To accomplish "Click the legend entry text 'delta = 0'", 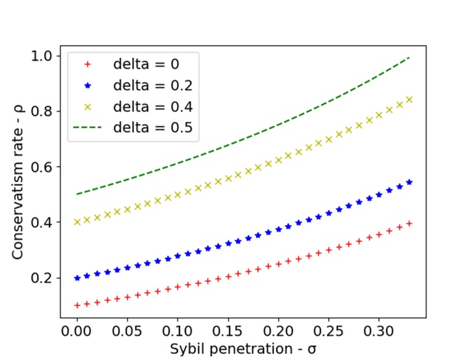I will pos(145,63).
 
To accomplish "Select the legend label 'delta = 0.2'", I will pos(152,85).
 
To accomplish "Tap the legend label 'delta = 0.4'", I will pos(152,106).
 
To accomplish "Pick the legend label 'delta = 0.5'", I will pos(152,128).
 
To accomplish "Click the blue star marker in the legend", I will pos(89,85).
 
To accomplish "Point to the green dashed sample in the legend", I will pos(89,128).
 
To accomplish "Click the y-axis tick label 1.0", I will pos(43,56).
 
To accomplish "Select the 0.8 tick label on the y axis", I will pos(43,111).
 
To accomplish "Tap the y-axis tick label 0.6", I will pos(43,167).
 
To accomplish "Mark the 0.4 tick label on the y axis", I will pos(43,222).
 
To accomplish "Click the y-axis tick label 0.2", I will pos(43,278).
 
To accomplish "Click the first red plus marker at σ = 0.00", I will pos(77,305).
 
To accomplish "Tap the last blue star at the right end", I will pos(409,181).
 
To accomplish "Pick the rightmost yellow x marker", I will pos(409,99).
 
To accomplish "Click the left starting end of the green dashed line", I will pos(77,194).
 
